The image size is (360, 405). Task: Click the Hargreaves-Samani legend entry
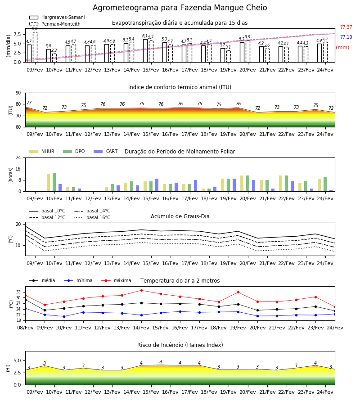(x=57, y=17)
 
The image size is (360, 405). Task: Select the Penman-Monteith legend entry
(x=55, y=24)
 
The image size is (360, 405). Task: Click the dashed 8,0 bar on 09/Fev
(x=35, y=47)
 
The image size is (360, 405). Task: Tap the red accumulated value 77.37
(x=346, y=27)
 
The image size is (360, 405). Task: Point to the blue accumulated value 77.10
(x=346, y=37)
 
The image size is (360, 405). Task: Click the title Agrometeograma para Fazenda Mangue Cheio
(x=180, y=8)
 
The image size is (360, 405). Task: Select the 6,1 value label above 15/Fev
(x=145, y=36)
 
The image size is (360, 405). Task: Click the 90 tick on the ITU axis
(x=18, y=93)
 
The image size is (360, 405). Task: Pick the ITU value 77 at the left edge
(x=29, y=103)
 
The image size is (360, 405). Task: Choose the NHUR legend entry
(x=42, y=151)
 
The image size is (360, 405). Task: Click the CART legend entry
(x=106, y=151)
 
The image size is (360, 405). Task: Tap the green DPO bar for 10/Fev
(x=54, y=182)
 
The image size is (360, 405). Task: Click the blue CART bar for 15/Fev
(x=157, y=185)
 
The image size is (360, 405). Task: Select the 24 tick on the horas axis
(x=18, y=157)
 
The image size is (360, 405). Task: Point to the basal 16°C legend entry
(x=92, y=217)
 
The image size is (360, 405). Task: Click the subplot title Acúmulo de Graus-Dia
(x=180, y=216)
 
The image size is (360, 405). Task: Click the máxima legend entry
(x=116, y=280)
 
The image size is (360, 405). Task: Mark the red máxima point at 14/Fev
(x=141, y=290)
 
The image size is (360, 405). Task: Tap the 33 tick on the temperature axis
(x=18, y=292)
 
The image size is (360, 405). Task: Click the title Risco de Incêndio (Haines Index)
(x=180, y=345)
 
